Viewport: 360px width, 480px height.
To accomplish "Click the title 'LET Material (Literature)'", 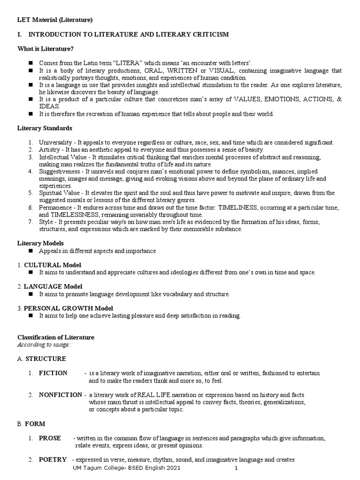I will (55, 20).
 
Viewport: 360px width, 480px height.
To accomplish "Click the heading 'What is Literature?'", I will (45, 48).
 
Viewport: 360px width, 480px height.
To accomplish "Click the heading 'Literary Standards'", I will (45, 128).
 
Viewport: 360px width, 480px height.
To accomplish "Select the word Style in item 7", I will (46, 222).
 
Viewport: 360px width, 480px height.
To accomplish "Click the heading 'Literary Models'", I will (40, 243).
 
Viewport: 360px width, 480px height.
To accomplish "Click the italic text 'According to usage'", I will (44, 345).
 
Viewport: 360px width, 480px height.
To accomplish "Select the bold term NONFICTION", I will (60, 395).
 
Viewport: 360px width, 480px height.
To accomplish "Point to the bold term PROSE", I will (50, 438).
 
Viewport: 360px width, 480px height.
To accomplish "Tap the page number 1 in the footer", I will (236, 468).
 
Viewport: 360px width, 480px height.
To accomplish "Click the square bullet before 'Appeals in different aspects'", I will (30, 251).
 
